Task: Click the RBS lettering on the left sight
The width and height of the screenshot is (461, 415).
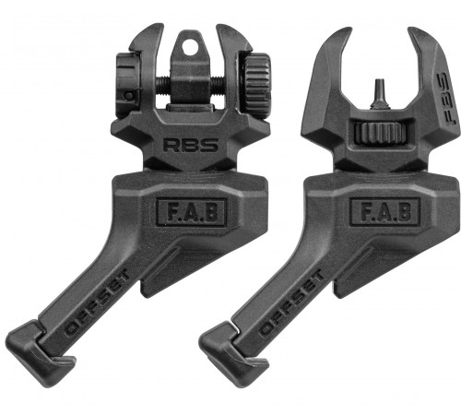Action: coord(191,145)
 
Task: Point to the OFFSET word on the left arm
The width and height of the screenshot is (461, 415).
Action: coord(96,302)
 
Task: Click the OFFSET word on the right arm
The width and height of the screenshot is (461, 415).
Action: coord(290,302)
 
